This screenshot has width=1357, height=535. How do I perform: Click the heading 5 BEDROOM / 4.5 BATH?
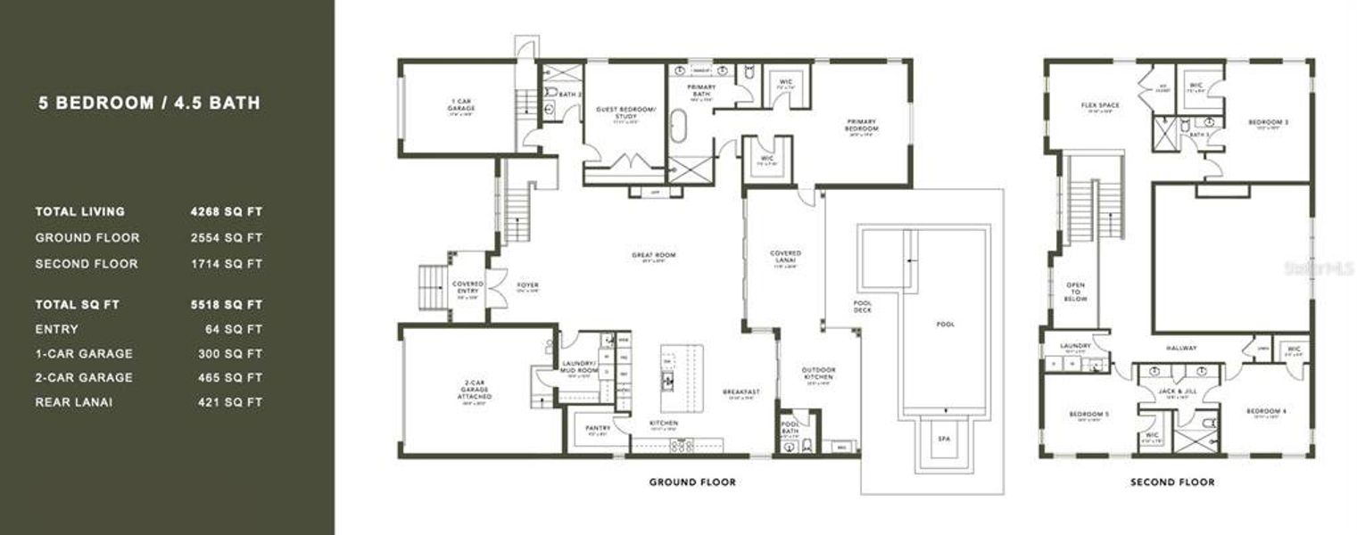point(149,103)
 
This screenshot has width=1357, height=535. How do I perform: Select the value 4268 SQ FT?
point(226,212)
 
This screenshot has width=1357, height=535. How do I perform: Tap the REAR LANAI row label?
point(74,402)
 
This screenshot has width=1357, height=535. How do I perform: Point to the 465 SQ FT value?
point(230,378)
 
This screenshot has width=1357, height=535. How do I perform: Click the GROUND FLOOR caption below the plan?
point(691,482)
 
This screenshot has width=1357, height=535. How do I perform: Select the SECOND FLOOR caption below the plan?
point(1171,482)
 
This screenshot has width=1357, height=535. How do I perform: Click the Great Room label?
point(653,256)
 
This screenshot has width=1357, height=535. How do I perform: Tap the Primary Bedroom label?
point(861,126)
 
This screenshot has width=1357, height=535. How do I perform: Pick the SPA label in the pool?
point(943,439)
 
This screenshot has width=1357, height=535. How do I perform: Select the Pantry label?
point(597,428)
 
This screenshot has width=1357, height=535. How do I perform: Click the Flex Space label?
point(1099,106)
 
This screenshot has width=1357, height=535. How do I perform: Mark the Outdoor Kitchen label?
point(818,374)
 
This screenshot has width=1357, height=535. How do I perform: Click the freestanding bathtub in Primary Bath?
point(677,127)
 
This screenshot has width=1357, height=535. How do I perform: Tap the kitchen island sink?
point(666,381)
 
